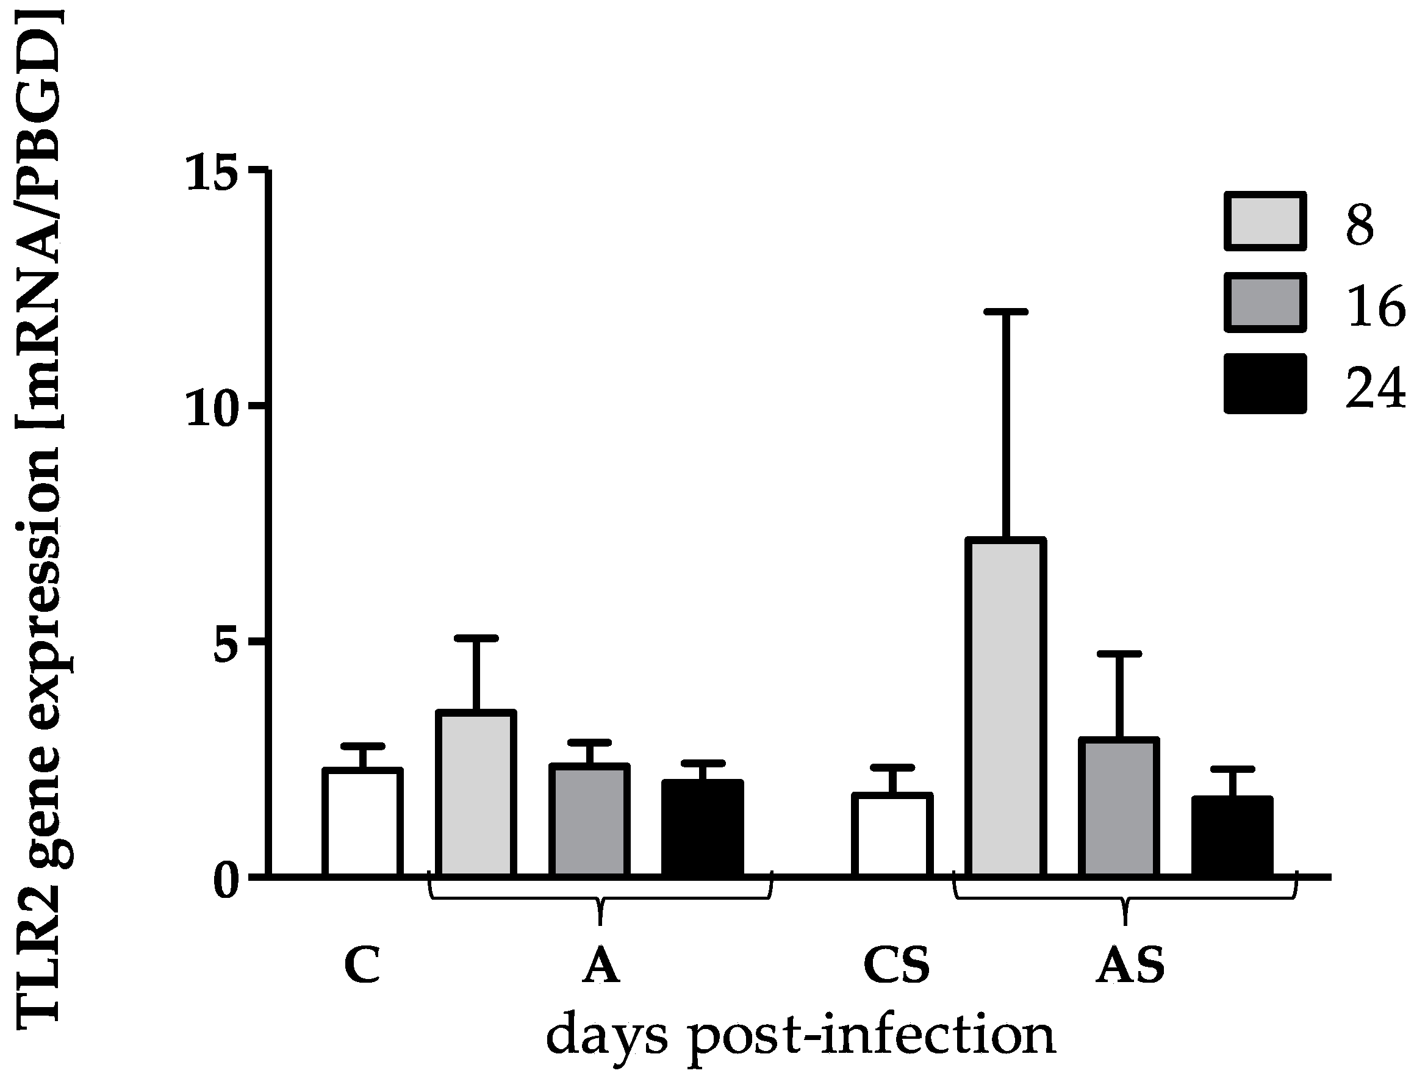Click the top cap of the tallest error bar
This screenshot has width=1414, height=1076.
pos(1005,312)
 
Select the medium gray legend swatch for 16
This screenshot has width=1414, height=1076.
pos(1265,303)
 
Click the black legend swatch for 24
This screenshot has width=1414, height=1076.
pos(1265,384)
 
